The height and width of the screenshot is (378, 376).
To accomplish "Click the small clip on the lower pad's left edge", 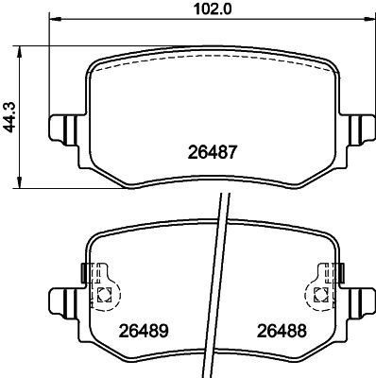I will pos(86,273).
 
